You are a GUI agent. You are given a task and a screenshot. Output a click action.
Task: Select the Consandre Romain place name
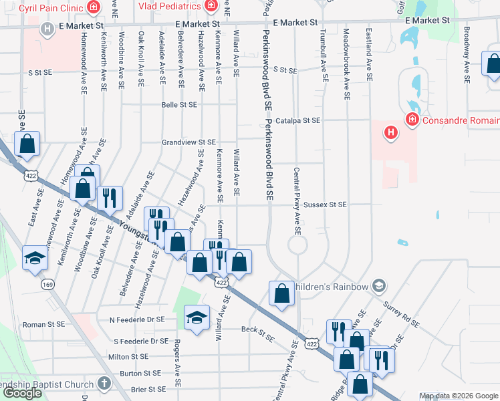(461, 120)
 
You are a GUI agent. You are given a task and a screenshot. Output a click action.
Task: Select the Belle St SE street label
(179, 105)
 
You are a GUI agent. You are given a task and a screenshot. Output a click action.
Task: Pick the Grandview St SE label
(189, 142)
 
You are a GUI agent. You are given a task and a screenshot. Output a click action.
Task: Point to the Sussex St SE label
(324, 205)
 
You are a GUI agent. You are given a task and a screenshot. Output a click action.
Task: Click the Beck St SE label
(258, 330)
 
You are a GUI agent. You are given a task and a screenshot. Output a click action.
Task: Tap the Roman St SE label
(43, 323)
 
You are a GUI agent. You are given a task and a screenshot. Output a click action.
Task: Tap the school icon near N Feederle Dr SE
(197, 318)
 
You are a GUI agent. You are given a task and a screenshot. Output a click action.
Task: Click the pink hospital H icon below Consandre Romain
(391, 133)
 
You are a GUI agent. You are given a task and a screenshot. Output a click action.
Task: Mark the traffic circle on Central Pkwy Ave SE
(297, 246)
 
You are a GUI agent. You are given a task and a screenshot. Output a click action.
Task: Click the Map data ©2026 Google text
(459, 396)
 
